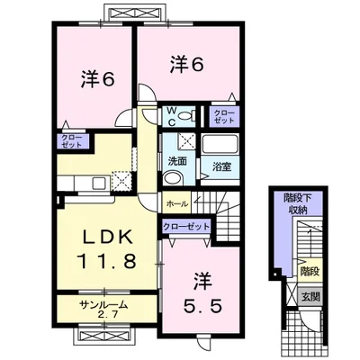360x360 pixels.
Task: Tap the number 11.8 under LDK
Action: [107, 261]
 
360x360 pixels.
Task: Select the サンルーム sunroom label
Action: [103, 305]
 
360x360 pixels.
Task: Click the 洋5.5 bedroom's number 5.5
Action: [202, 306]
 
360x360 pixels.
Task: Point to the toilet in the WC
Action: [186, 115]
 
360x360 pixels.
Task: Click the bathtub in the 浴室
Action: [220, 145]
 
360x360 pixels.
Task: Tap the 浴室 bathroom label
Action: [222, 167]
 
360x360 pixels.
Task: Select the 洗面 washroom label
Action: [177, 161]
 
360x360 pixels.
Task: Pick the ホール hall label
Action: [177, 204]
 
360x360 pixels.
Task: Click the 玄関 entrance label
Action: [310, 297]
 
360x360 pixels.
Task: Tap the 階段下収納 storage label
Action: [298, 204]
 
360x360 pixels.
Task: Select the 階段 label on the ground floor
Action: [310, 272]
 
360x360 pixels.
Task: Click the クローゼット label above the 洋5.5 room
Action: [186, 226]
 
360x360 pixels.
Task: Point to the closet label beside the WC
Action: [224, 116]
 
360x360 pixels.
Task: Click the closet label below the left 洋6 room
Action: [71, 141]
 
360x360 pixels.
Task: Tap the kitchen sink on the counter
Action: [99, 183]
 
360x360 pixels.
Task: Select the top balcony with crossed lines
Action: [134, 13]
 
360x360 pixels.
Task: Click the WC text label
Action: [171, 116]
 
